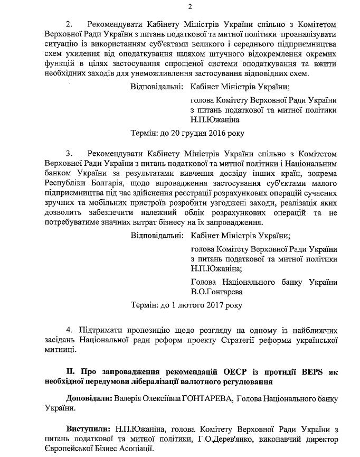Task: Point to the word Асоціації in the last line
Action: click(x=132, y=449)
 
